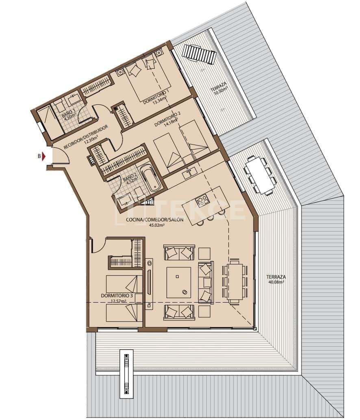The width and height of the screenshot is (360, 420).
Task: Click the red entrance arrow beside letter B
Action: (46, 156)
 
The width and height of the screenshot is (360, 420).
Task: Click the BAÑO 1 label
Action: (69, 114)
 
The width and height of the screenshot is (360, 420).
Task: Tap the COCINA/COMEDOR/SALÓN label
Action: (154, 220)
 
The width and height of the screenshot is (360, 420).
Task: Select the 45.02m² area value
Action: (154, 225)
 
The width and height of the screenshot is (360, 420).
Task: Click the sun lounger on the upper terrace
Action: (198, 54)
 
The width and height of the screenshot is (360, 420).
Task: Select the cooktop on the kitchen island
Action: (202, 200)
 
